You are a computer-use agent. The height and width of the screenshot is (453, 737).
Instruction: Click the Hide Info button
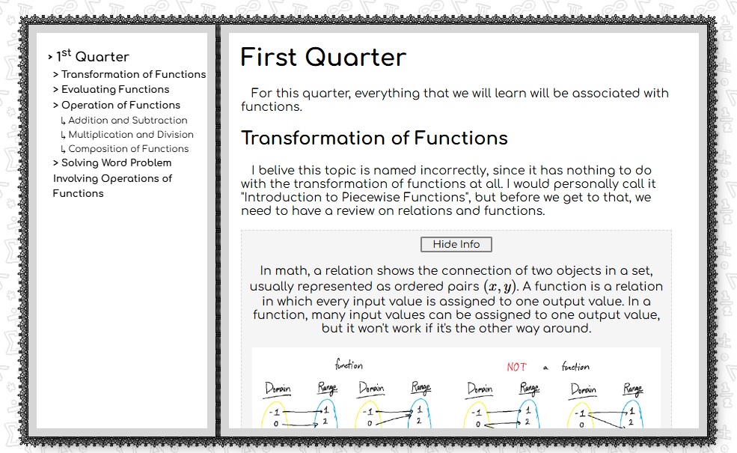(x=456, y=244)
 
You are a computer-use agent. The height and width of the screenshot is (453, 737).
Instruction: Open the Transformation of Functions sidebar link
(x=129, y=74)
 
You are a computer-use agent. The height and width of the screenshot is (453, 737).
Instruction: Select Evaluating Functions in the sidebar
(x=111, y=89)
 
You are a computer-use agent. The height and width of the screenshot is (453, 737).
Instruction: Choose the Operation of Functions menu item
(x=117, y=105)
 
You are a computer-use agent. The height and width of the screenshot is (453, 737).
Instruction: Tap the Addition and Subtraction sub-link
(x=124, y=121)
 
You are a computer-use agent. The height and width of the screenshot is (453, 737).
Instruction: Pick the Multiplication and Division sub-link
(x=127, y=135)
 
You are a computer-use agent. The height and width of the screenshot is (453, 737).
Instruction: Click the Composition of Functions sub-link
(x=124, y=149)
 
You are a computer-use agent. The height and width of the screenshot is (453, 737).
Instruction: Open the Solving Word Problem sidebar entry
(x=112, y=177)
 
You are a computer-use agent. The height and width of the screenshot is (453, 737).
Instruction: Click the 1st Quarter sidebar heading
(x=88, y=56)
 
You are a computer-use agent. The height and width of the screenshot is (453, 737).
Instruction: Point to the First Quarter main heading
(x=323, y=58)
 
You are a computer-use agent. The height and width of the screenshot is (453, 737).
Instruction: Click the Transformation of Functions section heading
(x=374, y=139)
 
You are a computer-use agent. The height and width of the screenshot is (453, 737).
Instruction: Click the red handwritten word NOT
(x=516, y=367)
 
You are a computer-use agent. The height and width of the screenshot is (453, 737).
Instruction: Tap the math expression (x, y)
(x=500, y=287)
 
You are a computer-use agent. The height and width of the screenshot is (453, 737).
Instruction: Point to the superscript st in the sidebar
(x=67, y=52)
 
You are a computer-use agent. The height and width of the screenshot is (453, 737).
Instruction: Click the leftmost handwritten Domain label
(x=278, y=389)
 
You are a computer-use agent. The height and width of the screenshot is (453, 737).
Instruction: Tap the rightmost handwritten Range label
(x=633, y=389)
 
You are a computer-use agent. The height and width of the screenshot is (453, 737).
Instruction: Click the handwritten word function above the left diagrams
(x=349, y=364)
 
